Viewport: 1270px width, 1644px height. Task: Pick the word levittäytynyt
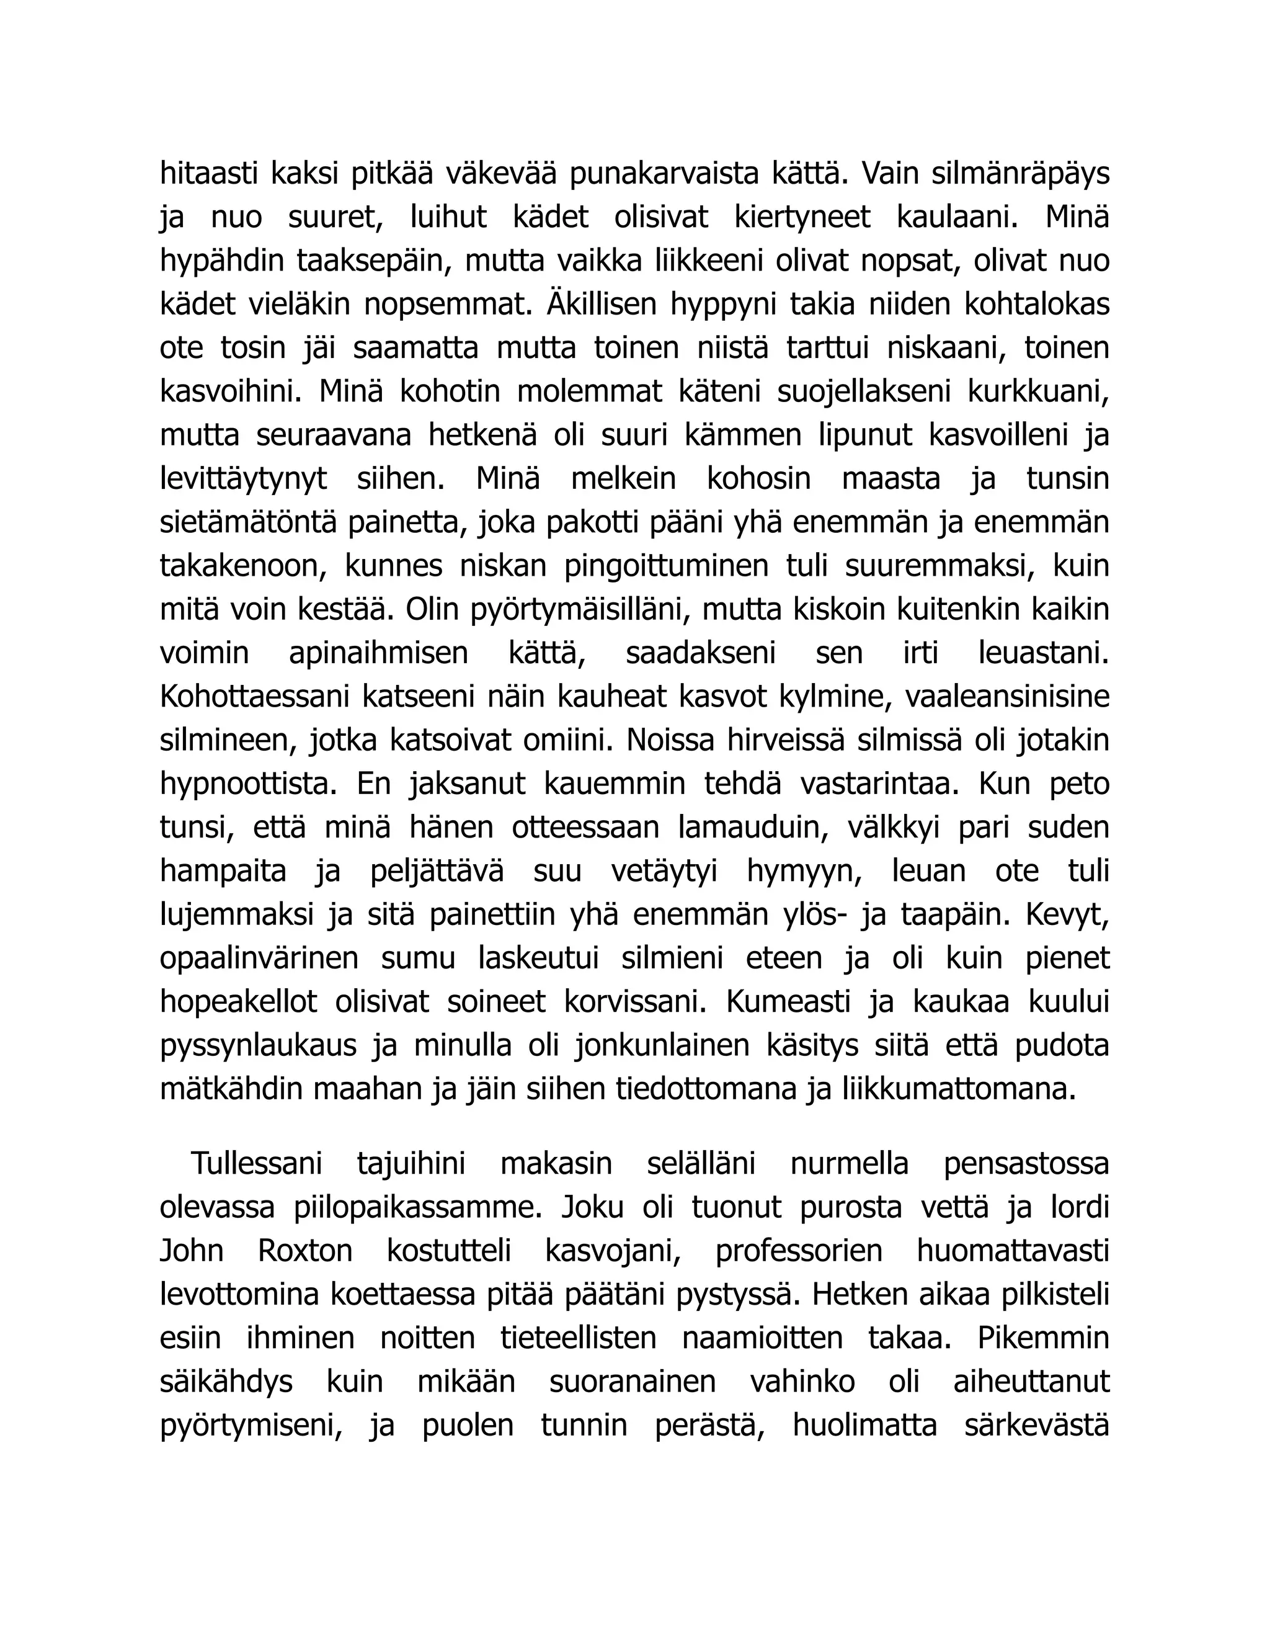tap(244, 479)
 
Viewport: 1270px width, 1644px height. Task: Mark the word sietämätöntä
tap(248, 522)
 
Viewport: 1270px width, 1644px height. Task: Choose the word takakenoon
tap(242, 566)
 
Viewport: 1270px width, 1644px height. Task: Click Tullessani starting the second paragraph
tap(257, 1164)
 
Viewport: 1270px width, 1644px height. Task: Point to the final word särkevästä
tap(1037, 1426)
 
